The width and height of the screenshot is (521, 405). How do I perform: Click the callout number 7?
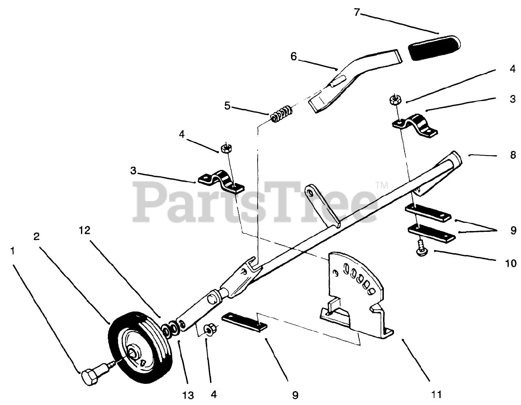coord(357,12)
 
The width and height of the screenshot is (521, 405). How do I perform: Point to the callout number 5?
coord(227,106)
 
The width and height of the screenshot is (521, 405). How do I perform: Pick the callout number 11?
coord(436,394)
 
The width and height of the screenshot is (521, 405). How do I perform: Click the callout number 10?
coord(510,264)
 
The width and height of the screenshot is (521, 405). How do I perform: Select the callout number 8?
coord(513,155)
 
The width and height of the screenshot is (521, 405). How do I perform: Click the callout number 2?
coord(36,236)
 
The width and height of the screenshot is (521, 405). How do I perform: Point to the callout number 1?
coord(13,251)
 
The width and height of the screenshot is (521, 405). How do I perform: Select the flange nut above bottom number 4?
coord(210,328)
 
